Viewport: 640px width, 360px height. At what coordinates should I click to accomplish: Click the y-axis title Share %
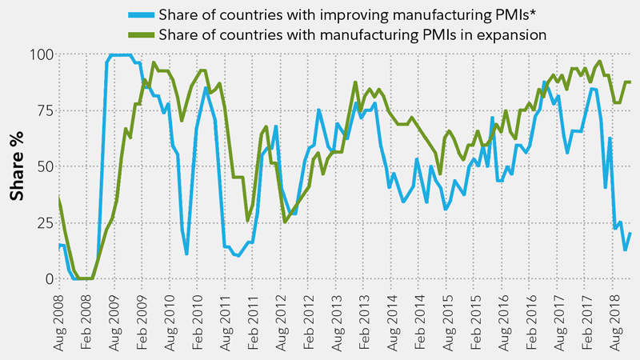click(x=16, y=166)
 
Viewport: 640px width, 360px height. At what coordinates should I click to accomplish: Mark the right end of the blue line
click(x=631, y=233)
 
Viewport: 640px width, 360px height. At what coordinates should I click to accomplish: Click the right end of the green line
click(x=631, y=82)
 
